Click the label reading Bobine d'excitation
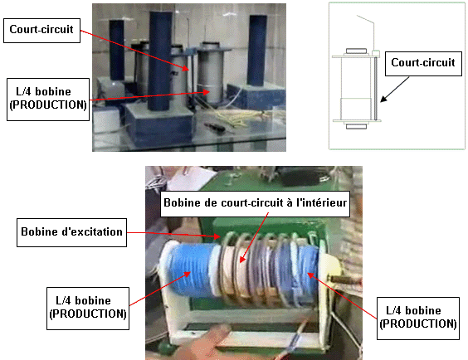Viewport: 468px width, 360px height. click(71, 232)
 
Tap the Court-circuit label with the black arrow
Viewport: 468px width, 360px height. click(423, 64)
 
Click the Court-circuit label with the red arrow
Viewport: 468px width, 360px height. click(41, 31)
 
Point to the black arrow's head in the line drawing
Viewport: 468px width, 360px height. click(383, 100)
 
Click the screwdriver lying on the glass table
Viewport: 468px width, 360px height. click(214, 127)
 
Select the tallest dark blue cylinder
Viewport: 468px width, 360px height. click(159, 61)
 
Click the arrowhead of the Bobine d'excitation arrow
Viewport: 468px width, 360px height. click(217, 236)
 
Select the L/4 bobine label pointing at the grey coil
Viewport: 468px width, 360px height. click(48, 100)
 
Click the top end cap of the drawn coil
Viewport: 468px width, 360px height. click(356, 51)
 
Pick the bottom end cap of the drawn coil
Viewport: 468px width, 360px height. click(356, 126)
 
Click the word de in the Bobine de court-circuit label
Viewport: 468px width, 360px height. click(211, 203)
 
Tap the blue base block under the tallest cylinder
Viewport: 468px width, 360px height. click(158, 124)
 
